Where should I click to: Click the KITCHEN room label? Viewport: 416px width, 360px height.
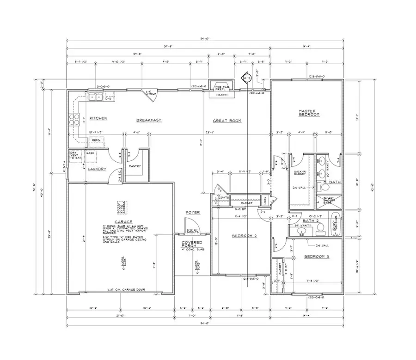pyautogui.click(x=98, y=119)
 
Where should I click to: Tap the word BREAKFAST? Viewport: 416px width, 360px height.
pyautogui.click(x=148, y=120)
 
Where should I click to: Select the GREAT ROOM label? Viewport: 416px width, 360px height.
pyautogui.click(x=227, y=121)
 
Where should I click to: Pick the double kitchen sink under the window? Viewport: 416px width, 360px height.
pyautogui.click(x=96, y=97)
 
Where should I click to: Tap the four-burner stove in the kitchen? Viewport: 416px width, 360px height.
pyautogui.click(x=74, y=120)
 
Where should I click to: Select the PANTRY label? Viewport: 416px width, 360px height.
pyautogui.click(x=135, y=166)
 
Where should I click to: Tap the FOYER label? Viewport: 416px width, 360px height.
pyautogui.click(x=192, y=213)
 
